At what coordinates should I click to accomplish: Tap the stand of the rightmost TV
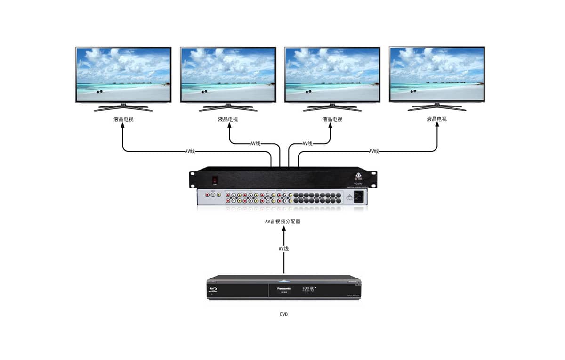point(437,107)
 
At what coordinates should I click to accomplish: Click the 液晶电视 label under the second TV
point(228,119)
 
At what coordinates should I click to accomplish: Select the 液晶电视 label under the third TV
point(332,119)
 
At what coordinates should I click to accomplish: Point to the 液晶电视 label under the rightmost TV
point(437,119)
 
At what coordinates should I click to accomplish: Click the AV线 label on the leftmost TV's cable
point(190,151)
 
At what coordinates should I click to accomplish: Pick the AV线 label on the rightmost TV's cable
point(374,151)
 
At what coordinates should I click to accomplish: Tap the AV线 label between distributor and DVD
point(283,249)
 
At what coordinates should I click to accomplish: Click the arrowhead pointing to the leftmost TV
point(123,128)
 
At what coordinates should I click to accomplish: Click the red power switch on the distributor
point(215,180)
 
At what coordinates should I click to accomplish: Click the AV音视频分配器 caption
point(282,221)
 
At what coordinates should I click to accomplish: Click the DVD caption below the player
point(283,314)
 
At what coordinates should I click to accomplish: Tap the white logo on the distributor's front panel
point(359,177)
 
